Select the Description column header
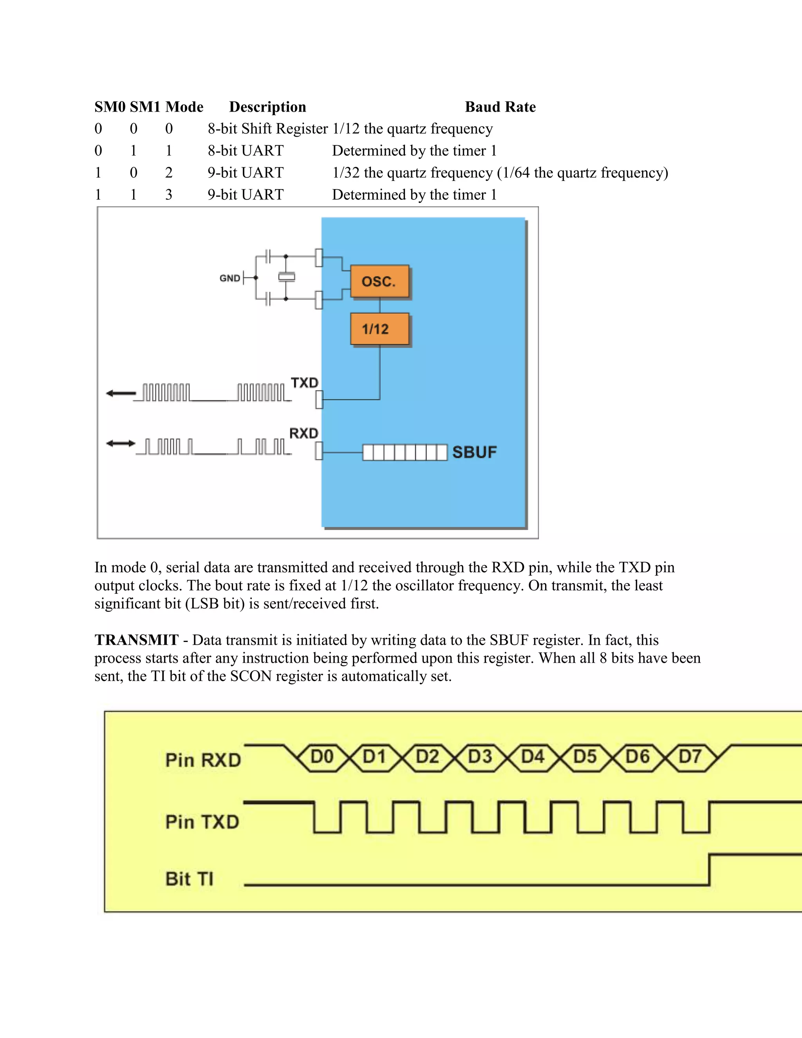[267, 107]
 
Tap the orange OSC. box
[379, 281]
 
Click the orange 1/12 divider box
[379, 329]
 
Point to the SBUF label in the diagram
[474, 452]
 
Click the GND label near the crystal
[229, 278]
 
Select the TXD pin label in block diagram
[304, 383]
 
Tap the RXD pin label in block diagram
[303, 433]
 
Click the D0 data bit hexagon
[322, 757]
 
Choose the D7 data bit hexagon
[690, 757]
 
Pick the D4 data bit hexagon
[532, 757]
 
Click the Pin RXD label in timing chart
[203, 760]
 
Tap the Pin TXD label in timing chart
[202, 822]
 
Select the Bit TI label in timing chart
[189, 879]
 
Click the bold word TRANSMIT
[136, 640]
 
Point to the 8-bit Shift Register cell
[267, 129]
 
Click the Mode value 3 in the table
[169, 195]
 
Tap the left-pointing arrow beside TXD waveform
[121, 393]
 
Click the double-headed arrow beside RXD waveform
[121, 443]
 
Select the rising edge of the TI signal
[709, 870]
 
